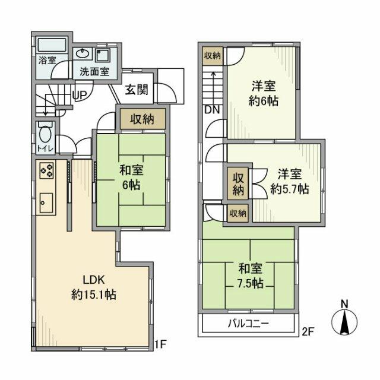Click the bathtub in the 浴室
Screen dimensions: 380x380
click(x=52, y=46)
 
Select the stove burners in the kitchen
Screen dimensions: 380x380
click(x=47, y=171)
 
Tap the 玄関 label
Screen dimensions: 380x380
click(x=137, y=90)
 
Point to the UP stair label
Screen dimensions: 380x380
click(x=78, y=93)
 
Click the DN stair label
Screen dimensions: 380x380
click(x=211, y=109)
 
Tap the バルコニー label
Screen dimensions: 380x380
click(x=249, y=324)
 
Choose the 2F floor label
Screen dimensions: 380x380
click(x=306, y=330)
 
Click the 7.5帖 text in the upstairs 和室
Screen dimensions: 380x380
click(x=249, y=283)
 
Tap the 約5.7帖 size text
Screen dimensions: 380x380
click(x=289, y=189)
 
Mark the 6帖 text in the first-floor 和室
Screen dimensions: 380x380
click(x=131, y=185)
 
